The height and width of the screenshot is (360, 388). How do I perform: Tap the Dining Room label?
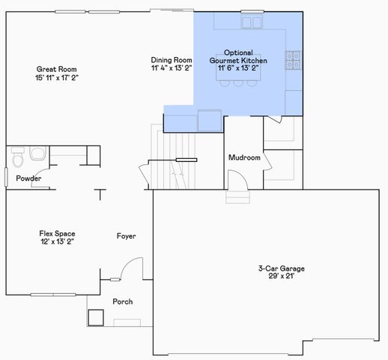pyautogui.click(x=171, y=59)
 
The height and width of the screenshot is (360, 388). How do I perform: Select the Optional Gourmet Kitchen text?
pyautogui.click(x=237, y=55)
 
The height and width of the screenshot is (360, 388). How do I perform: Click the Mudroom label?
pyautogui.click(x=244, y=158)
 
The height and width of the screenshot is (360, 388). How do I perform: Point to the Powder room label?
pyautogui.click(x=28, y=178)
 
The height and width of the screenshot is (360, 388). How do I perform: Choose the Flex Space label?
pyautogui.click(x=57, y=233)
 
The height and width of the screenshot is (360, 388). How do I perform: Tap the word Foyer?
pyautogui.click(x=126, y=236)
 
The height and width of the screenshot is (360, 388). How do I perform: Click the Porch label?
pyautogui.click(x=122, y=301)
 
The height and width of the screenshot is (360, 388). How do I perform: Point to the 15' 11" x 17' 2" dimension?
pyautogui.click(x=56, y=76)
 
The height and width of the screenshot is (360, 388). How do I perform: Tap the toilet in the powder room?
pyautogui.click(x=18, y=157)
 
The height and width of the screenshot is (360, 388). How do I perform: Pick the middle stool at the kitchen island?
pyautogui.click(x=237, y=82)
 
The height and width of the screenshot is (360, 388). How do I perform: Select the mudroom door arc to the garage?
pyautogui.click(x=234, y=180)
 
